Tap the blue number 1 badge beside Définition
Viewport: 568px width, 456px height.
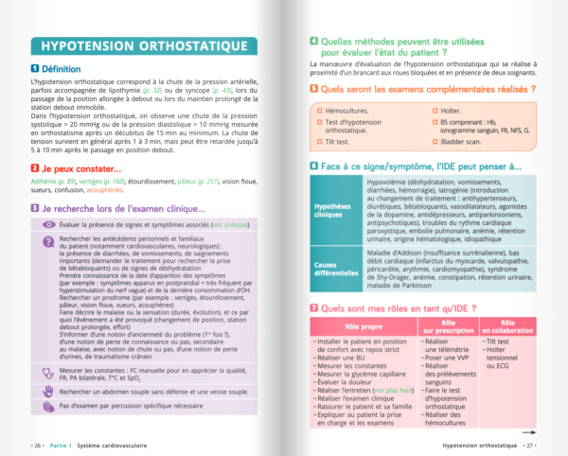[x=35, y=69]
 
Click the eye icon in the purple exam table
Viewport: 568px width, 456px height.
[x=48, y=224]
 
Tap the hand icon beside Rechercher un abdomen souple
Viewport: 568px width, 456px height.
[x=48, y=390]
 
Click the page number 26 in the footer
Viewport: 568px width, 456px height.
[x=37, y=444]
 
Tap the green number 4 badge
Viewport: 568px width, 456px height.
[x=314, y=41]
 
